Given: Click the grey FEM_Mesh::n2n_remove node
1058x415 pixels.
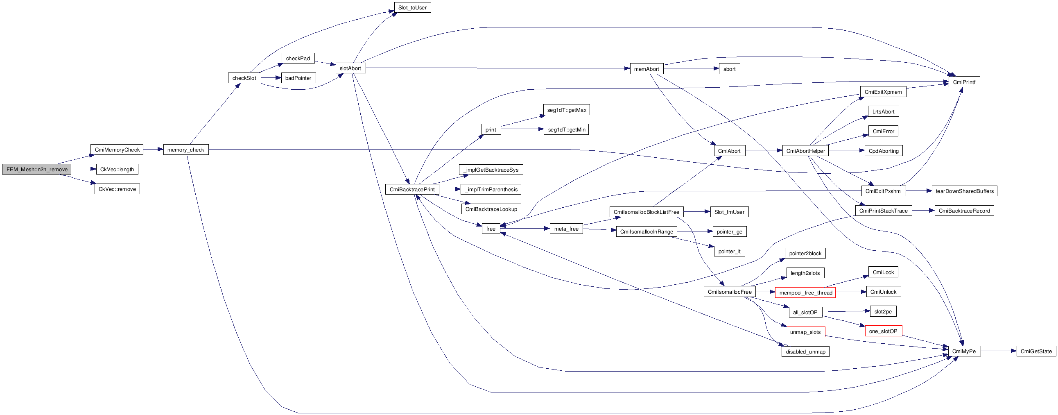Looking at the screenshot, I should click(x=36, y=169).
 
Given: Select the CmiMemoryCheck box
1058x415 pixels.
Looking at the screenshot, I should click(x=117, y=150).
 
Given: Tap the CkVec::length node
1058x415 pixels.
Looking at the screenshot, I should click(x=117, y=169).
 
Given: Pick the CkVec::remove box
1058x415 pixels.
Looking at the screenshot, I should click(x=117, y=189).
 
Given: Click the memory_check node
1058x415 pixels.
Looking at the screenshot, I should click(x=185, y=150).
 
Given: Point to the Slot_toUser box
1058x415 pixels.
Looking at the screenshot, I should click(x=412, y=7).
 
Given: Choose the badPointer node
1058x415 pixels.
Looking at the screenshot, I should click(x=298, y=78).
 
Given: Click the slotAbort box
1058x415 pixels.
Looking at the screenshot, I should click(x=350, y=68).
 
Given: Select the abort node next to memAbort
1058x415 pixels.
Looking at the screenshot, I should click(x=729, y=68).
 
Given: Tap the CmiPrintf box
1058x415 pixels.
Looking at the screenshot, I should click(x=964, y=82).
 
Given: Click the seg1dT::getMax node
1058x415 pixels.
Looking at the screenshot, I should click(x=566, y=110).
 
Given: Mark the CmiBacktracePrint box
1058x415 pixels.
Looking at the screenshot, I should click(x=412, y=189).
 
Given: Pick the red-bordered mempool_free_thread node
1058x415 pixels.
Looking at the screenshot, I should click(x=805, y=293).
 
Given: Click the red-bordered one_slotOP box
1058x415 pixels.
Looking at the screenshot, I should click(x=883, y=331).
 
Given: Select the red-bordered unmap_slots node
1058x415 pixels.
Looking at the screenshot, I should click(x=805, y=332).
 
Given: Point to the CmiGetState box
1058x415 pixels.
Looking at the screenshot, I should click(x=1036, y=352).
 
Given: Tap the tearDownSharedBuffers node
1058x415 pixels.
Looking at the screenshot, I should click(x=964, y=191).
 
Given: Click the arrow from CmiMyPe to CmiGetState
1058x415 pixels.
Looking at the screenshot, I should click(x=999, y=352).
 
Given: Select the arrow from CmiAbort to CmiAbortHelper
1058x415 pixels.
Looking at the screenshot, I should click(x=764, y=150).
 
